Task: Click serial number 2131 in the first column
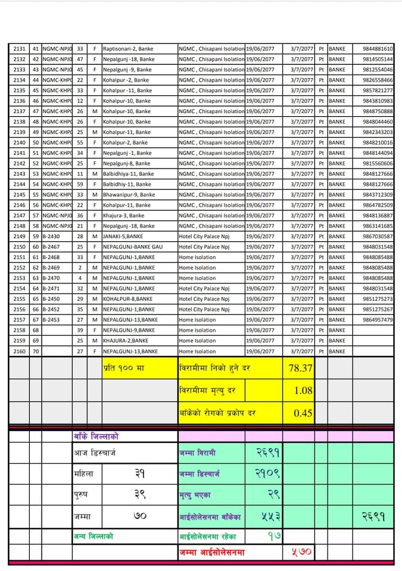(x=19, y=49)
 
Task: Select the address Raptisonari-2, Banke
(x=127, y=49)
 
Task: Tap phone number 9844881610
(x=378, y=49)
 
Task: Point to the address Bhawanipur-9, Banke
(x=129, y=195)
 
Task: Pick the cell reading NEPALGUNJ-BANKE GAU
(x=132, y=247)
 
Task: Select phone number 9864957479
(x=378, y=320)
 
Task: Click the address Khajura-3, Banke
(x=123, y=216)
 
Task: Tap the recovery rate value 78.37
(x=300, y=368)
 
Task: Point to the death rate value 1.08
(x=303, y=391)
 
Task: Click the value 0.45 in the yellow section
(x=303, y=413)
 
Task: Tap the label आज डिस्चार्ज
(x=95, y=453)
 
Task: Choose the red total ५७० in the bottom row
(x=301, y=552)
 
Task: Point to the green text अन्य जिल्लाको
(x=94, y=536)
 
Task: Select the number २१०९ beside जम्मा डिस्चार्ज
(x=267, y=474)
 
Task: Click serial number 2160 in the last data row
(x=19, y=351)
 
